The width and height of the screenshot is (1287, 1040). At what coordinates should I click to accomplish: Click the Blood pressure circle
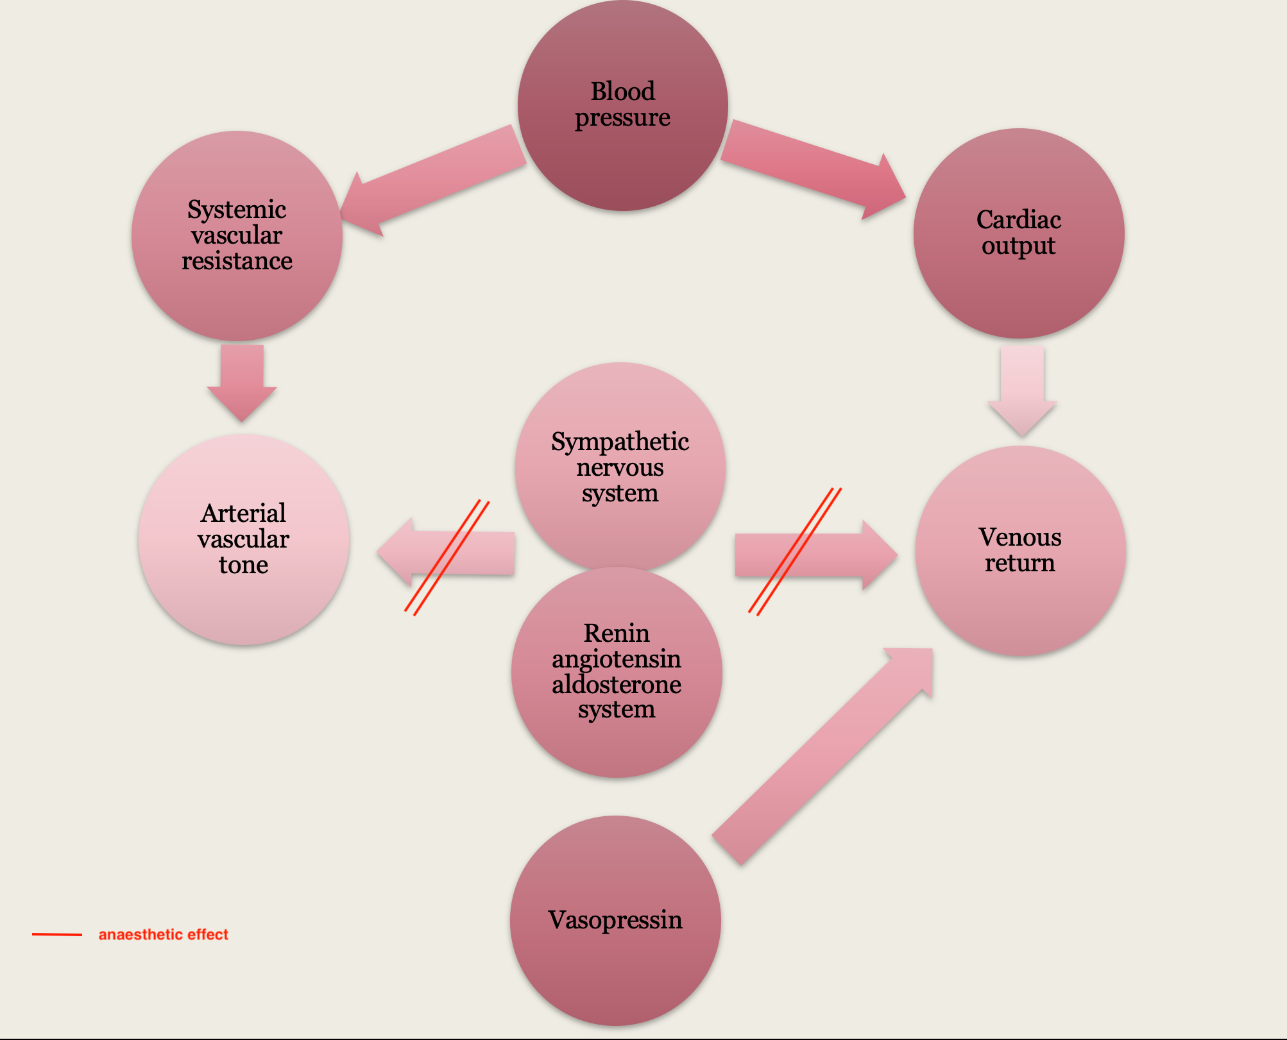point(622,105)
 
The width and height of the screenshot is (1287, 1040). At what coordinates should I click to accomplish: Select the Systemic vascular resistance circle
point(237,235)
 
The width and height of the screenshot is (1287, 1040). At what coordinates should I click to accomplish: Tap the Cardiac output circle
point(1018,233)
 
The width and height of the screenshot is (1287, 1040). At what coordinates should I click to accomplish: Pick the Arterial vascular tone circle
point(244,539)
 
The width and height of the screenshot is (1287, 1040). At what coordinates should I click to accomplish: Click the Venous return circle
point(1020,550)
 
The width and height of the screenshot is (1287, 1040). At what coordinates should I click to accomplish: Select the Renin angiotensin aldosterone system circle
point(617,672)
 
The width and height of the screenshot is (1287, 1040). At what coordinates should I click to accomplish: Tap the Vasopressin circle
point(615,920)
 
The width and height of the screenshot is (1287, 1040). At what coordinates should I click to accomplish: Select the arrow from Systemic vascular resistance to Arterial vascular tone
point(242,382)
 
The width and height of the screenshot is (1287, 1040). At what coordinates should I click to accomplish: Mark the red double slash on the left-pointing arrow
point(447,558)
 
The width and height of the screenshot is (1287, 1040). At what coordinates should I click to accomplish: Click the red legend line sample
point(57,934)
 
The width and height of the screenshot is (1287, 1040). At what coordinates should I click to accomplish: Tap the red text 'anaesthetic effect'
point(163,934)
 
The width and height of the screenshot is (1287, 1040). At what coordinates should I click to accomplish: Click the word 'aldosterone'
point(617,684)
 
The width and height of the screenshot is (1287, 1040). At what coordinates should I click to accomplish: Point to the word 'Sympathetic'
point(620,442)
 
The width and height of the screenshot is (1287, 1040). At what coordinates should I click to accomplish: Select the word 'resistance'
point(237,261)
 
